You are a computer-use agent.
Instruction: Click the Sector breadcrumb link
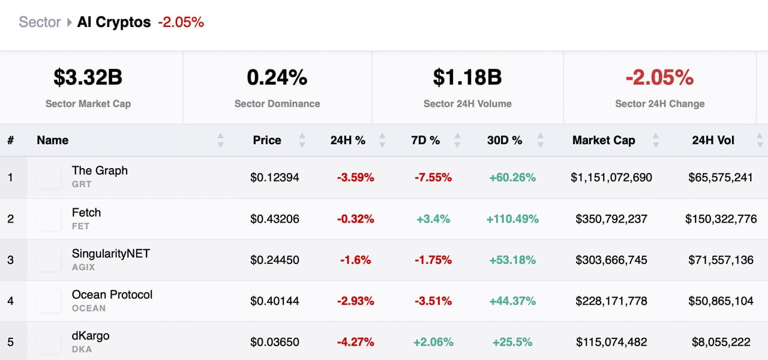[40, 22]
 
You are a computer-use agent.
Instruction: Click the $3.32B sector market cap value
[88, 77]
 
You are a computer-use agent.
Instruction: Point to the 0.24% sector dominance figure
[277, 77]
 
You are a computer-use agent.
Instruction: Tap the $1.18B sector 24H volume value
[467, 77]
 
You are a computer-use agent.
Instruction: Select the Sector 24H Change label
[659, 104]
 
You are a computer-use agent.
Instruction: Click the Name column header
[53, 140]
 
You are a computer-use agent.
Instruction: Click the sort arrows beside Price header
[302, 140]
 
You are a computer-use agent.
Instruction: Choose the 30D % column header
[505, 140]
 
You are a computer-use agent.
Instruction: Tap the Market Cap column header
[604, 140]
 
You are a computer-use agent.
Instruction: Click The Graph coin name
[100, 170]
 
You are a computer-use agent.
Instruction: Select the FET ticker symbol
[80, 226]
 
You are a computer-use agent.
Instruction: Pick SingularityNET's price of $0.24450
[275, 260]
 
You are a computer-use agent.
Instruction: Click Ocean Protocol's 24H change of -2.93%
[355, 301]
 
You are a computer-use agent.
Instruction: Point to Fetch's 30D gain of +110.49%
[512, 219]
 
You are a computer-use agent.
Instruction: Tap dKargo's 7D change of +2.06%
[433, 342]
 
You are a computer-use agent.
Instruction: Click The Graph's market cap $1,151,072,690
[611, 178]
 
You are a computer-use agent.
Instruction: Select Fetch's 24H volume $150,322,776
[721, 219]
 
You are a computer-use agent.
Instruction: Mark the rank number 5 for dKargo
[10, 342]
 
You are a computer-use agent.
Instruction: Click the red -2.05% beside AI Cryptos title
[181, 22]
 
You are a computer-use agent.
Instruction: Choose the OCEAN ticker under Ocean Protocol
[89, 308]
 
